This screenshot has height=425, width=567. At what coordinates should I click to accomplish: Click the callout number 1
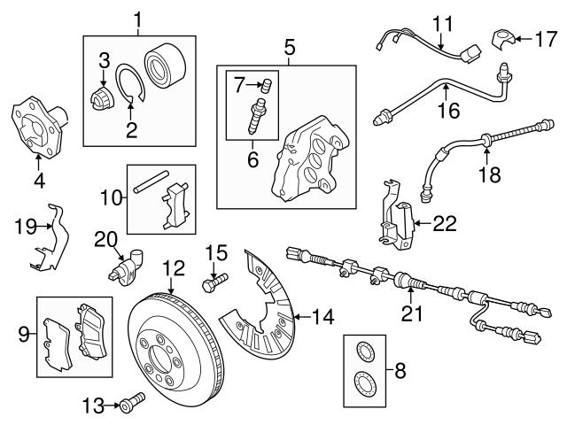tap(137, 19)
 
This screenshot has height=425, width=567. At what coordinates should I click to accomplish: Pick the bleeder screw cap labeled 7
tap(264, 86)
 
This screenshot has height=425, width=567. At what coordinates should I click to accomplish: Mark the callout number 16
tap(449, 111)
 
